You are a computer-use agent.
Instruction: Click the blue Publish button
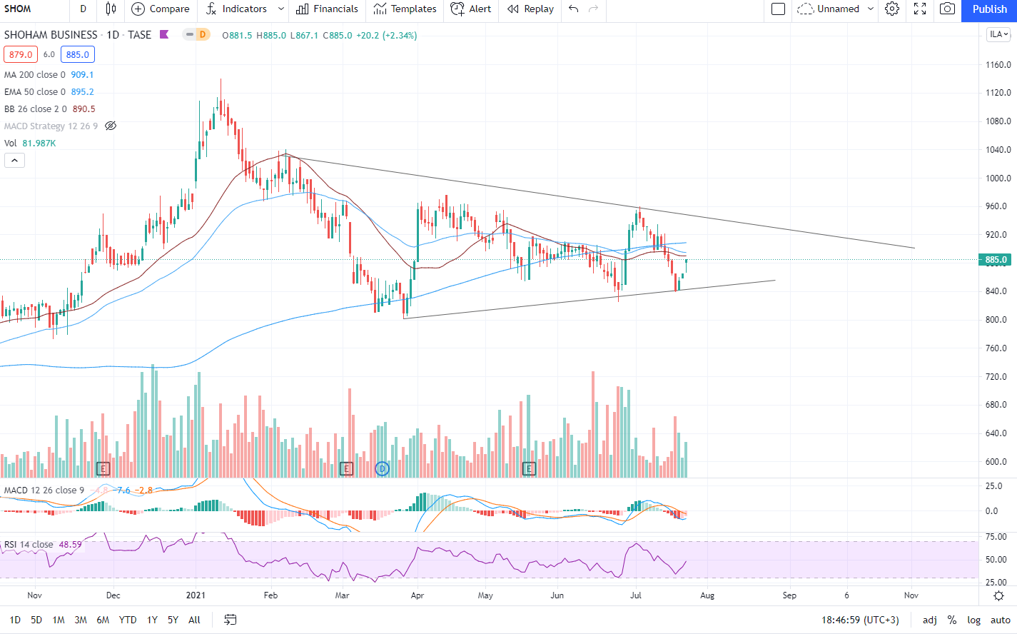988,9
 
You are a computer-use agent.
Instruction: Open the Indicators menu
244,9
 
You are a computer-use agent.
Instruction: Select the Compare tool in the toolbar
161,9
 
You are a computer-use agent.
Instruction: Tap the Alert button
471,9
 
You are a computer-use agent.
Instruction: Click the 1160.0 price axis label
998,65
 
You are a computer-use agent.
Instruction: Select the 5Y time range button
173,620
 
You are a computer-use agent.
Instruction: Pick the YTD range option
128,620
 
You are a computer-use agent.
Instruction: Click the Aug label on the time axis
707,595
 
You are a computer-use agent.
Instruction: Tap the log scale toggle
973,620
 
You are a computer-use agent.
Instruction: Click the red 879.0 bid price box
21,55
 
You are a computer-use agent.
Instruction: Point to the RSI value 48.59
70,545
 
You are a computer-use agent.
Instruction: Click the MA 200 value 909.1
82,75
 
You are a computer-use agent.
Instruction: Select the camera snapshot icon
947,9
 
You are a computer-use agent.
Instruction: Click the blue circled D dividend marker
383,468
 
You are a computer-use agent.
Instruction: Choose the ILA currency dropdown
999,34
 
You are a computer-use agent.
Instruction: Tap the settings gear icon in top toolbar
892,9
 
